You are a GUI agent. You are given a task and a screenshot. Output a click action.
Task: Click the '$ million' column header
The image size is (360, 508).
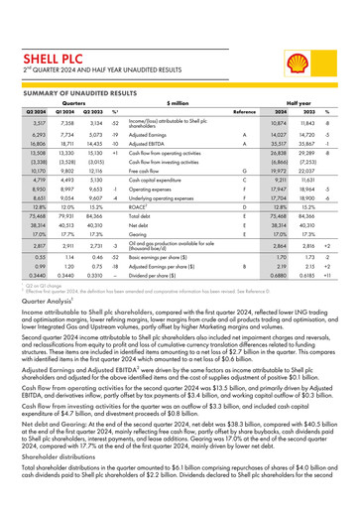[x=179, y=102]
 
